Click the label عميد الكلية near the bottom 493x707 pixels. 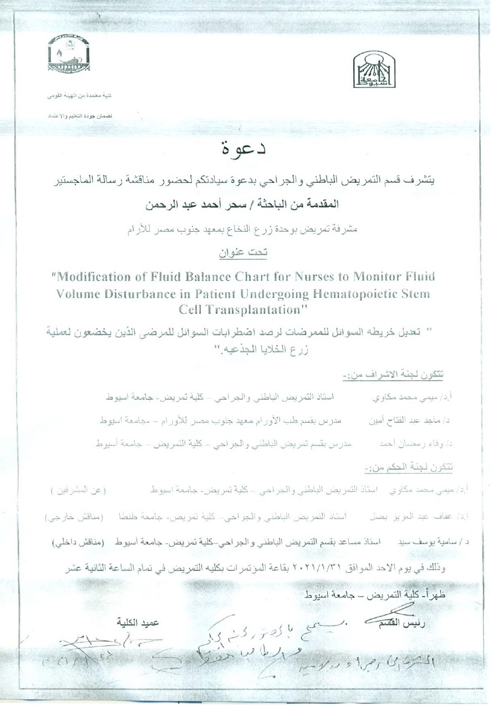coord(139,622)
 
